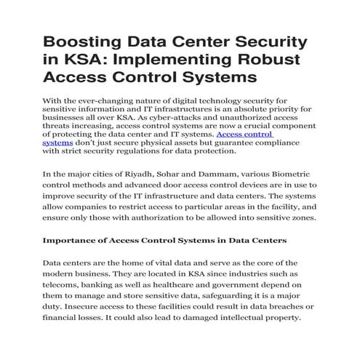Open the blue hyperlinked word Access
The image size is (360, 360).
233,135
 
